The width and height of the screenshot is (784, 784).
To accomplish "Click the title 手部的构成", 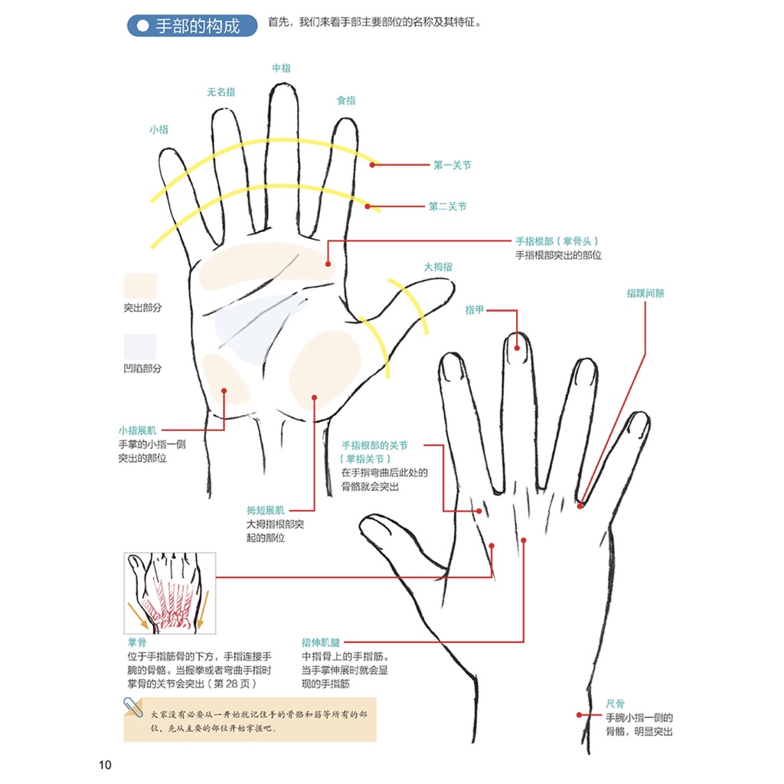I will [x=198, y=26].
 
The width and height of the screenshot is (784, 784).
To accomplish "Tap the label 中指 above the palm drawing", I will [x=282, y=68].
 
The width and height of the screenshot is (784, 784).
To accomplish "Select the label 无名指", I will [x=221, y=92].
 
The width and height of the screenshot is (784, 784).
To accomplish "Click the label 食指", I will [x=346, y=100].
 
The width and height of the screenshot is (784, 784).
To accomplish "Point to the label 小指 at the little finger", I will [x=158, y=129].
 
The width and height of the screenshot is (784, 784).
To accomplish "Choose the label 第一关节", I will [x=452, y=165].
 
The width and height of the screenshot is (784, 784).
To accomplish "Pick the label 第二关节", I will [x=447, y=207].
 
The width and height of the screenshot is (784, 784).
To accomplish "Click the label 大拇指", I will [x=438, y=267].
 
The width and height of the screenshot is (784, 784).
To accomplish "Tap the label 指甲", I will [x=475, y=310].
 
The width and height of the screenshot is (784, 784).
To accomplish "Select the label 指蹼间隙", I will [x=645, y=293].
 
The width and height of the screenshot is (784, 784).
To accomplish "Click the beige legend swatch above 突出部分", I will [x=140, y=286].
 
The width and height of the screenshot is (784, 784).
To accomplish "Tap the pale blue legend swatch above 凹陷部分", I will [x=140, y=347].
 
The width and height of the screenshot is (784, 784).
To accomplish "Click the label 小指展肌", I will [x=137, y=431].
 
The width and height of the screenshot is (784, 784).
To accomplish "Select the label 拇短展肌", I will [x=265, y=510].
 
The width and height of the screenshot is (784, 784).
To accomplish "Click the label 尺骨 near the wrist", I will [x=615, y=704].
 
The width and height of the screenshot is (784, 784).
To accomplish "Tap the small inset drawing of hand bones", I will [x=169, y=593].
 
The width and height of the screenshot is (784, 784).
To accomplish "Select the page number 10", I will [x=106, y=765].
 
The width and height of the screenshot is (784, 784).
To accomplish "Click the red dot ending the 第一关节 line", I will [x=373, y=164].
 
